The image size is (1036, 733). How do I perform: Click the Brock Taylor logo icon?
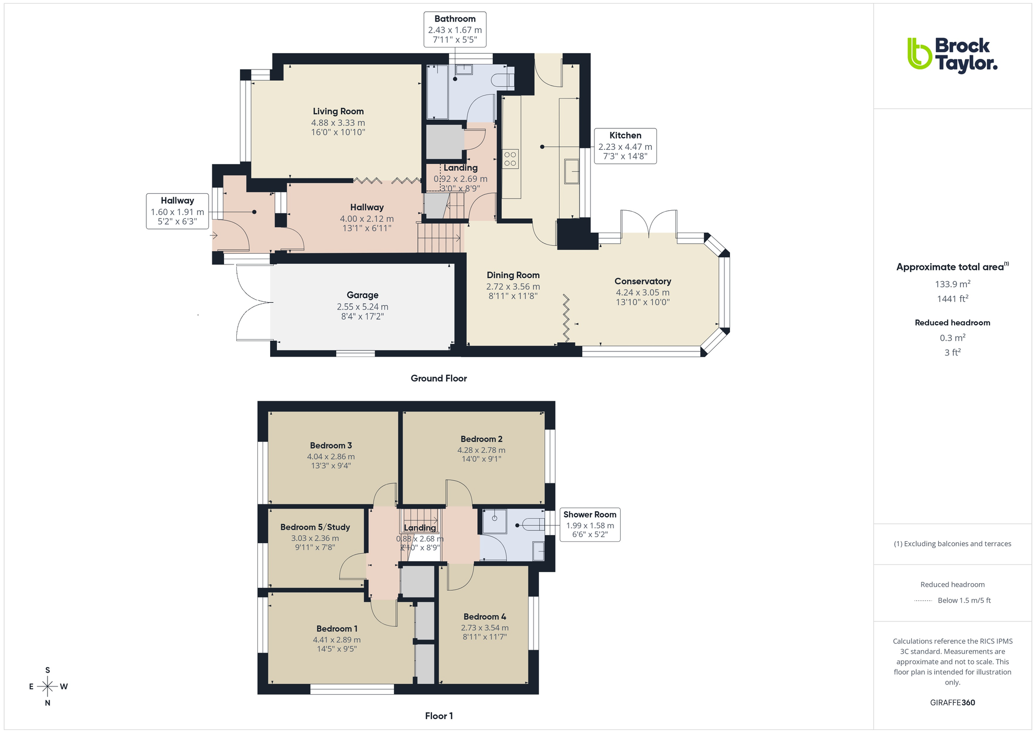pyautogui.click(x=919, y=53)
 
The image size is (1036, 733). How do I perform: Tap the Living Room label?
pyautogui.click(x=338, y=111)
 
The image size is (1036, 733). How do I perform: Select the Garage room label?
pyautogui.click(x=363, y=295)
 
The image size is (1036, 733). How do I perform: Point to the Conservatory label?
pyautogui.click(x=643, y=281)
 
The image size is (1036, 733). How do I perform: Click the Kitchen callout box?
pyautogui.click(x=625, y=146)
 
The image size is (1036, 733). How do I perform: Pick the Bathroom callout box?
pyautogui.click(x=455, y=30)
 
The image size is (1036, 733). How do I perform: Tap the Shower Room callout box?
pyautogui.click(x=590, y=524)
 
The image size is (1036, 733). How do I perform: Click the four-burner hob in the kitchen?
pyautogui.click(x=511, y=158)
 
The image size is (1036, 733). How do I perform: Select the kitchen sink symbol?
pyautogui.click(x=571, y=171)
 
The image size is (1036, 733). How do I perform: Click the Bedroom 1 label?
pyautogui.click(x=337, y=629)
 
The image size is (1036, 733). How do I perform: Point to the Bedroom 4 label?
pyautogui.click(x=484, y=617)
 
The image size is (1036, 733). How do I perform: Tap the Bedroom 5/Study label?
pyautogui.click(x=315, y=527)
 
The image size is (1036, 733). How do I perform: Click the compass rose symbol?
pyautogui.click(x=48, y=686)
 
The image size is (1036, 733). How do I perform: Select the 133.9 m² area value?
pyautogui.click(x=952, y=284)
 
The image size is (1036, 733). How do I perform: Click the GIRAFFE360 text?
pyautogui.click(x=952, y=702)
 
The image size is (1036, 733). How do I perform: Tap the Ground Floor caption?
pyautogui.click(x=438, y=379)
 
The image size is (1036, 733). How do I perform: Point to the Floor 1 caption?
pyautogui.click(x=438, y=716)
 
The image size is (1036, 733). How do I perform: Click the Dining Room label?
pyautogui.click(x=513, y=275)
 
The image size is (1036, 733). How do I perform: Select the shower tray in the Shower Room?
pyautogui.click(x=494, y=521)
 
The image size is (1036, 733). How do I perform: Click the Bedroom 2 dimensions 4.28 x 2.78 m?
pyautogui.click(x=481, y=450)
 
